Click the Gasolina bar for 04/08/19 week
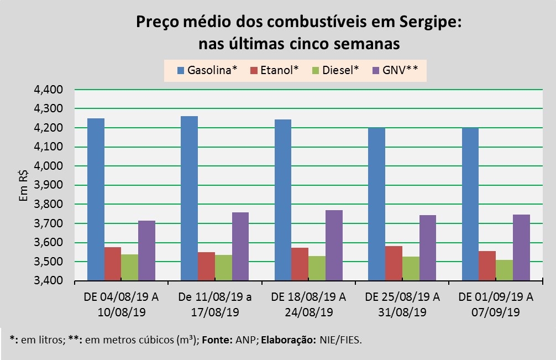[x=96, y=199]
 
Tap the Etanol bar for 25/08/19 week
[x=394, y=263]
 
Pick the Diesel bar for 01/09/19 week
[x=504, y=270]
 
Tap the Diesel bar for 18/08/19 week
[x=317, y=268]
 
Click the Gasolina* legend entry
[x=207, y=70]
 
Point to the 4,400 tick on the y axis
[x=49, y=90]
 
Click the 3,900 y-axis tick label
[x=49, y=185]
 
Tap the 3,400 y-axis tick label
[x=49, y=281]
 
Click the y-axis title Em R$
[x=24, y=185]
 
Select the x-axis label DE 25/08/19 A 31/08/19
[x=402, y=304]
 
